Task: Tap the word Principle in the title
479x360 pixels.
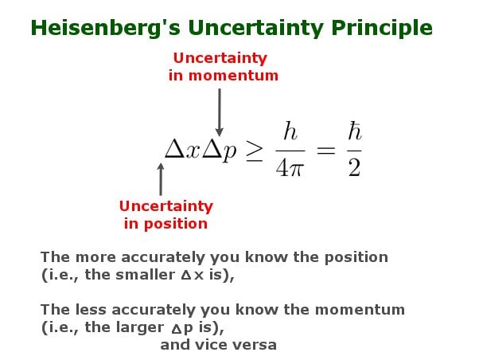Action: (383, 28)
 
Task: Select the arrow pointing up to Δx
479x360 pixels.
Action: (161, 178)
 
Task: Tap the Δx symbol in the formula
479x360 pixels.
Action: (181, 150)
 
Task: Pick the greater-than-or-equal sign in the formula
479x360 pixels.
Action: (254, 151)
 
